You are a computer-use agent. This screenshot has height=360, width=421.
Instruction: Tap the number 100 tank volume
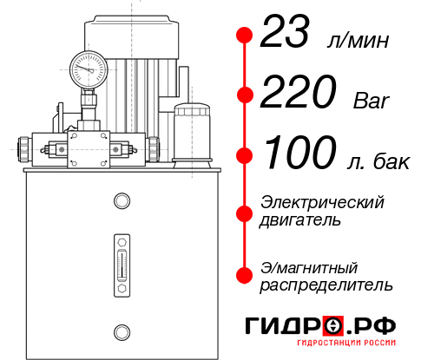[300, 154]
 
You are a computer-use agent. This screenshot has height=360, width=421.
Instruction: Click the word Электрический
[322, 202]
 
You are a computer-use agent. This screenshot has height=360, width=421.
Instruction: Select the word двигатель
[300, 220]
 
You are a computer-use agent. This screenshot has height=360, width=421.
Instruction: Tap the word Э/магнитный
[309, 266]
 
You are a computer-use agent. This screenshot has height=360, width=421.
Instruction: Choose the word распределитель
[326, 284]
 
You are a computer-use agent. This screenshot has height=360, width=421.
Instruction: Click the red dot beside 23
[245, 36]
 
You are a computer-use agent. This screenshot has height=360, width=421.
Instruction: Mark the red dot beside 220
[245, 95]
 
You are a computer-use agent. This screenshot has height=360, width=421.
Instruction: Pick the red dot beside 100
[245, 155]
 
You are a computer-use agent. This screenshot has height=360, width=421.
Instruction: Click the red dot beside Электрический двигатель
[245, 212]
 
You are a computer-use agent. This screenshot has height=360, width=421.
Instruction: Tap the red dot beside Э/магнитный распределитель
[245, 275]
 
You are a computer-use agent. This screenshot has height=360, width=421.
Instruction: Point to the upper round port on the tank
[121, 202]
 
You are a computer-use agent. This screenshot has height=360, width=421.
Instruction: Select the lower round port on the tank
[121, 330]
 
